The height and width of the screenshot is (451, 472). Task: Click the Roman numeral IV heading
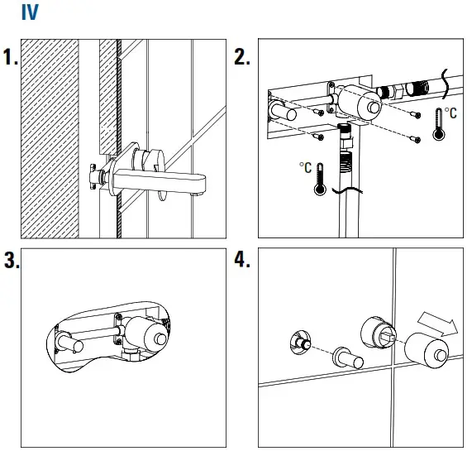30,12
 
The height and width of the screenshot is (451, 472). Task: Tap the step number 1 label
10,57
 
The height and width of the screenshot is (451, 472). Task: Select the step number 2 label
242,57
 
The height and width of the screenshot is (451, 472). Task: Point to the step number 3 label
12,260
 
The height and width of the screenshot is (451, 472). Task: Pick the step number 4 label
242,260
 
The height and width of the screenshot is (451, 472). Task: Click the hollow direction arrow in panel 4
438,324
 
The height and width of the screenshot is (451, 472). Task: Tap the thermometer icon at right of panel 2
439,124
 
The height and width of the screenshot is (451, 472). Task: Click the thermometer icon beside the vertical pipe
320,180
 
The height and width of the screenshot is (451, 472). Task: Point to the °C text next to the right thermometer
451,113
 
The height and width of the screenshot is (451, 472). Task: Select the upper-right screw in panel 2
416,114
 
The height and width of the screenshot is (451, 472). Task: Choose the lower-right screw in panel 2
416,139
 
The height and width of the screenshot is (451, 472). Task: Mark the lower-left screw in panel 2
318,137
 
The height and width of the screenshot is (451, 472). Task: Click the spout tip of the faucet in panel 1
196,194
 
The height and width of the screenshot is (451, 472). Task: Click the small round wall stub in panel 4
300,342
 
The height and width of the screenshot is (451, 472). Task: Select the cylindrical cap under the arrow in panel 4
426,351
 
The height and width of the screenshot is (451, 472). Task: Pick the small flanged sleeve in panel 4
348,357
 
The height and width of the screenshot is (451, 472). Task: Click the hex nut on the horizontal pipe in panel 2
396,91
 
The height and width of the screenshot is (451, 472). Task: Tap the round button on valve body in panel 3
160,339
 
